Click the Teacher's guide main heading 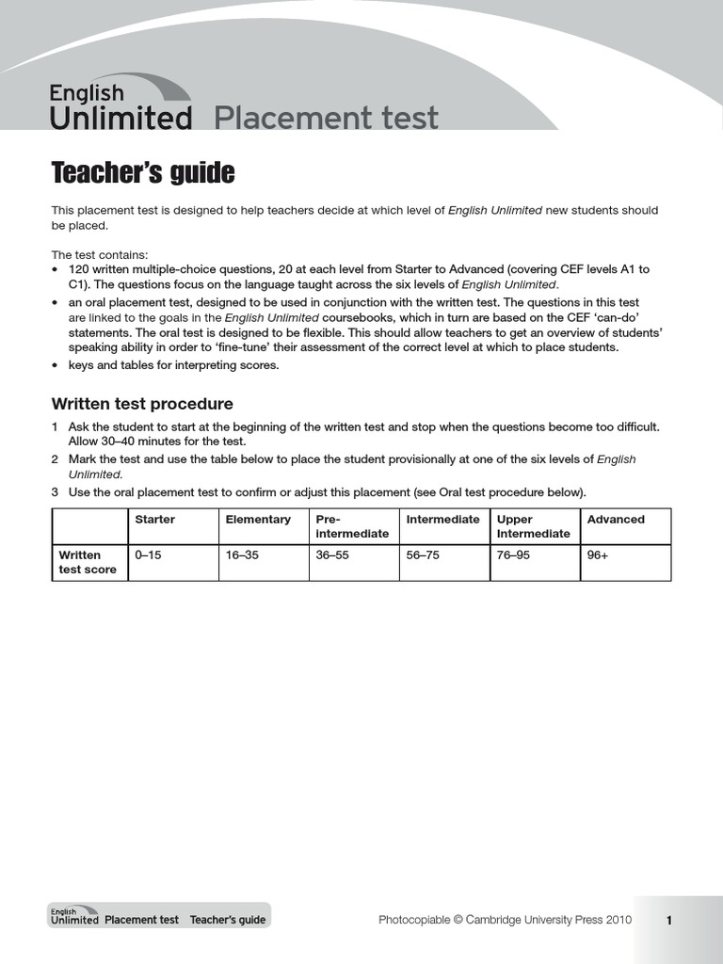[142, 173]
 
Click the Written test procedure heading [141, 404]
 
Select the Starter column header [155, 520]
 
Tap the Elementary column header [258, 520]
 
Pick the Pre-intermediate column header [351, 526]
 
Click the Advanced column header [616, 520]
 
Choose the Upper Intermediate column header [533, 526]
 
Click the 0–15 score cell [149, 555]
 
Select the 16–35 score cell [242, 555]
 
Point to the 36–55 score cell [332, 555]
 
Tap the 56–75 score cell [423, 555]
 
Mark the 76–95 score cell [513, 555]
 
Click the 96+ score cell [598, 555]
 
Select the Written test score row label [88, 562]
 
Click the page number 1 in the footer [669, 921]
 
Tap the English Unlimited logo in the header [120, 106]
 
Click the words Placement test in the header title [327, 119]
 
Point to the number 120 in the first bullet [79, 269]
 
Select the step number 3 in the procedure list [55, 492]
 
